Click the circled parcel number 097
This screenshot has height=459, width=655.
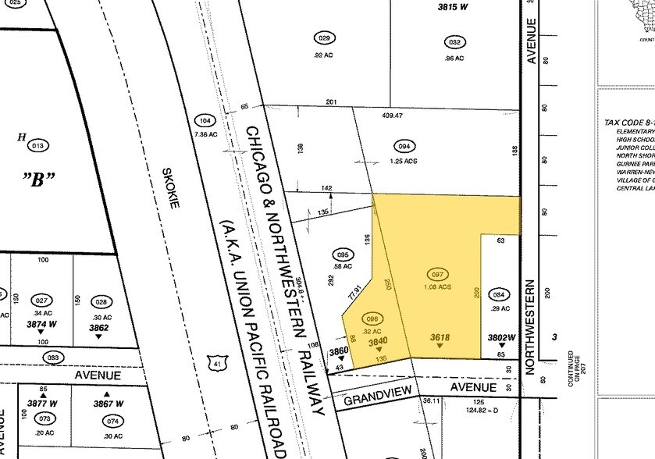(x=439, y=274)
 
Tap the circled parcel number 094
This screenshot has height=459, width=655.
(x=404, y=146)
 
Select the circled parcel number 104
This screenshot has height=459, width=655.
(x=205, y=121)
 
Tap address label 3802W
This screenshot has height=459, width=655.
(x=502, y=337)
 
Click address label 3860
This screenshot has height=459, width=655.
(x=338, y=351)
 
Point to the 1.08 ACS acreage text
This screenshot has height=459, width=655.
(x=440, y=286)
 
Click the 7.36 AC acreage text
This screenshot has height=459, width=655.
(x=205, y=134)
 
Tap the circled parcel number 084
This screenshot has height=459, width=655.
(x=499, y=294)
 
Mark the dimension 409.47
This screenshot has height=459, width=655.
(x=392, y=116)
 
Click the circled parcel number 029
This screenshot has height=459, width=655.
(x=326, y=38)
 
